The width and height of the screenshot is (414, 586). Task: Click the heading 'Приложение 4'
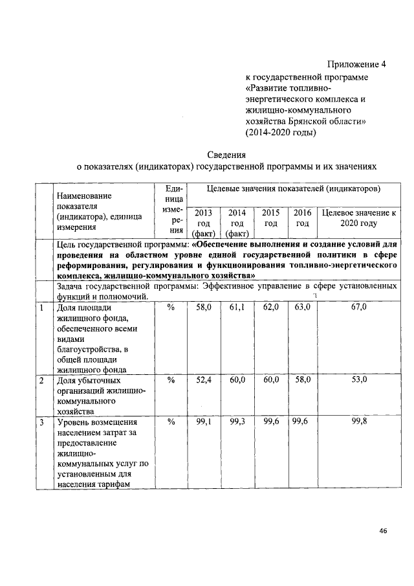(x=356, y=65)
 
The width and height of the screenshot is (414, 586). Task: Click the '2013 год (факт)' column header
(x=203, y=223)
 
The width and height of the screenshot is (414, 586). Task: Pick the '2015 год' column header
(x=270, y=218)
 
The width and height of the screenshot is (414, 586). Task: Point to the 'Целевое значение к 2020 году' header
(x=359, y=218)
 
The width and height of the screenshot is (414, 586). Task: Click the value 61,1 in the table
(x=237, y=308)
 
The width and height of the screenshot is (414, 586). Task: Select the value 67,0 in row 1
(x=359, y=308)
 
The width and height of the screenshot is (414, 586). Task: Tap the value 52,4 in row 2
(x=203, y=380)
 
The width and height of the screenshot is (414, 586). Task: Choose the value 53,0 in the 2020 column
(x=359, y=380)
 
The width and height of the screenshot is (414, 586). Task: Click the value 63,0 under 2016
(x=302, y=308)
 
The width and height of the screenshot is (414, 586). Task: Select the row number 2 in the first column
(x=41, y=381)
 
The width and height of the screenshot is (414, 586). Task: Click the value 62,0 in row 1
(x=270, y=308)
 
